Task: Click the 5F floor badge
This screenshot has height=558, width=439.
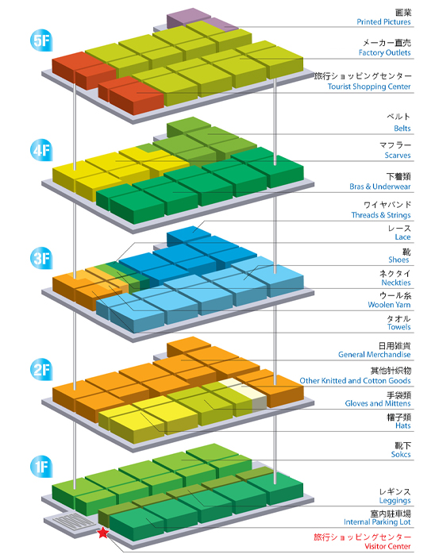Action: click(41, 40)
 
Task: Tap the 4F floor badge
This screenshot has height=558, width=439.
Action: click(41, 150)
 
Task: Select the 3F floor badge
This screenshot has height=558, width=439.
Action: click(41, 258)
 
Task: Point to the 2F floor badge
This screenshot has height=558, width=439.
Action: click(41, 369)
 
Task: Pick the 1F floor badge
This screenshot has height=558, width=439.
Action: click(41, 466)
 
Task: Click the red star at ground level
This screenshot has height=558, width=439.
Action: click(103, 533)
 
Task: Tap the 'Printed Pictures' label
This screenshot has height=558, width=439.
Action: click(383, 21)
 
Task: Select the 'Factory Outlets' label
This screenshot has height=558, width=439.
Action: click(384, 52)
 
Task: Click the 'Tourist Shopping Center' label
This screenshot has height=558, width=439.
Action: click(369, 87)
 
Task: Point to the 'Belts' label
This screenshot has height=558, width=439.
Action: click(402, 129)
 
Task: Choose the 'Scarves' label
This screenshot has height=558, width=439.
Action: click(398, 155)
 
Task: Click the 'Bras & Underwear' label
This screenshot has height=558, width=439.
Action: click(380, 187)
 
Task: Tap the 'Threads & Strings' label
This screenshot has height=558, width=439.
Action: click(381, 215)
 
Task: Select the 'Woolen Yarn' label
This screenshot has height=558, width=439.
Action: click(389, 305)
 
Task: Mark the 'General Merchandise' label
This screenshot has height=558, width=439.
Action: click(374, 355)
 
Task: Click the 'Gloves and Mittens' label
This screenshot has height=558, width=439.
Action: click(378, 403)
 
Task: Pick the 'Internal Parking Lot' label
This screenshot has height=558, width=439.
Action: click(377, 522)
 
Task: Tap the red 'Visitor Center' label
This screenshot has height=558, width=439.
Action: click(387, 546)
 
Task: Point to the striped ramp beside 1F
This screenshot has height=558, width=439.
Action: click(74, 522)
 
